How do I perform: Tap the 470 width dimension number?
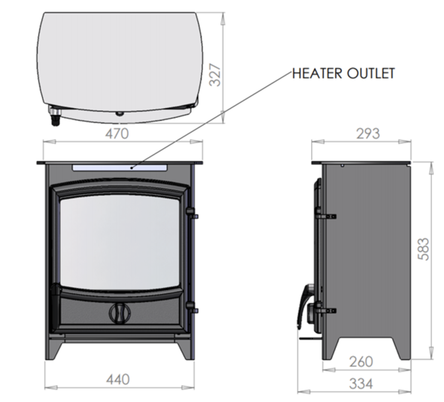click(117, 133)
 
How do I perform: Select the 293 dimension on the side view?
click(368, 133)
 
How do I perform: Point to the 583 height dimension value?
click(423, 249)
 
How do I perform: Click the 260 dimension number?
click(361, 361)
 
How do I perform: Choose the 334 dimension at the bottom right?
click(361, 383)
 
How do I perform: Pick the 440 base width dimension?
click(118, 379)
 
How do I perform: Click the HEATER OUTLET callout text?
click(343, 73)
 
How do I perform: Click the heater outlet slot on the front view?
click(120, 168)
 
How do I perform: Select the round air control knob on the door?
click(120, 312)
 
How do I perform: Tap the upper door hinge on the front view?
click(193, 214)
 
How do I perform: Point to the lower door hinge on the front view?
click(193, 309)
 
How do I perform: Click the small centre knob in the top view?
click(119, 113)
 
